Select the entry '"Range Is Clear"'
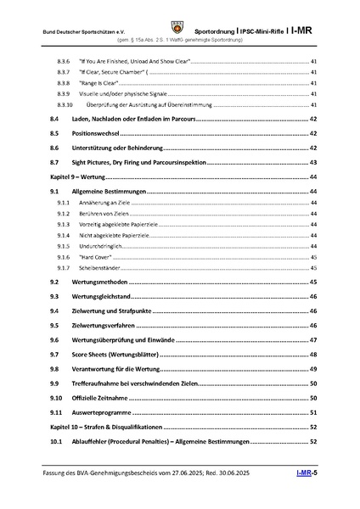pos(97,83)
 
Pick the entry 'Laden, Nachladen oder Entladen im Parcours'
pos(135,120)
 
